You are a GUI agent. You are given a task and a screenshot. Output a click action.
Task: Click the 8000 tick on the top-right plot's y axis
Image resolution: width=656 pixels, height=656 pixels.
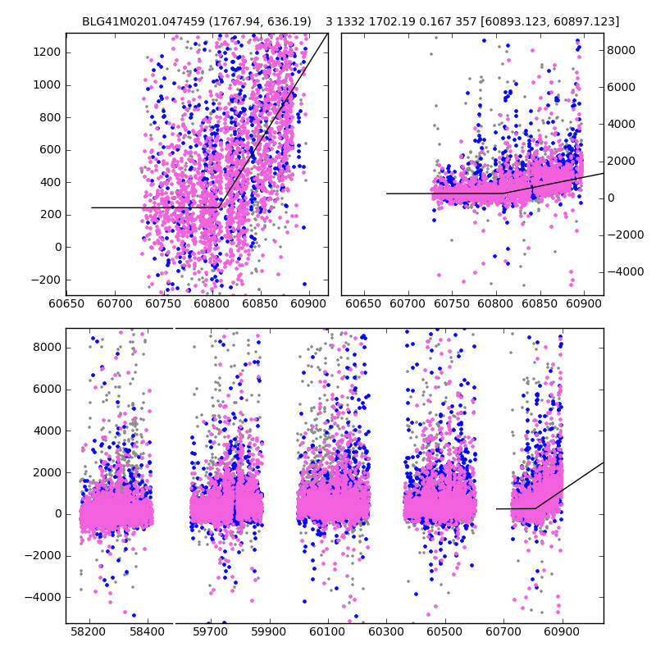pos(621,50)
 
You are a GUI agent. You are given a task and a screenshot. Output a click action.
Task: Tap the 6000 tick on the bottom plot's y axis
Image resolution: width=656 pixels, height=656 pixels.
pos(48,389)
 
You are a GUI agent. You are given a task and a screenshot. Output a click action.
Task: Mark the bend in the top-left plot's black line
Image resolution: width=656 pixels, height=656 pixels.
pos(219,207)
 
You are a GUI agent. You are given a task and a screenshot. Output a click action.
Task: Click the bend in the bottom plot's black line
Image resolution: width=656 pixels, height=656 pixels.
pos(535,508)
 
